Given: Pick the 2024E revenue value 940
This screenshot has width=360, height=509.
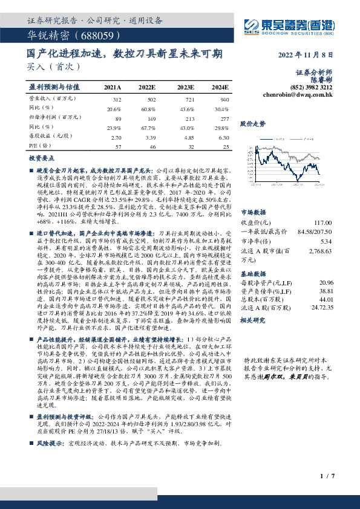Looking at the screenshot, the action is point(224,99).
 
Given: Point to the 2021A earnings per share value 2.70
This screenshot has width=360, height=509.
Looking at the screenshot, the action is point(114,137).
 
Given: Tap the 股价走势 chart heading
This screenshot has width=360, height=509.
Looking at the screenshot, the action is point(253,123).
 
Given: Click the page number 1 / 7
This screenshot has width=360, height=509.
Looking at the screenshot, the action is point(326,477).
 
